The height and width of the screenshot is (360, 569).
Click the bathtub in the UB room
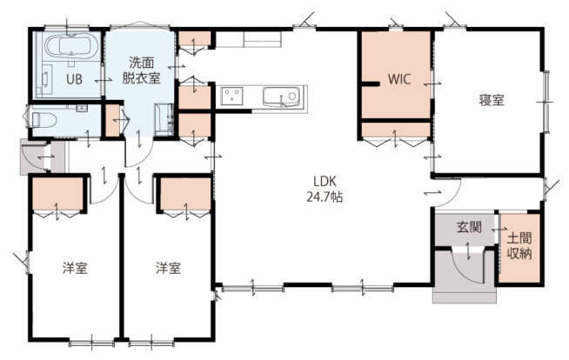[x=71, y=47]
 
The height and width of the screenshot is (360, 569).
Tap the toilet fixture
[x=44, y=120]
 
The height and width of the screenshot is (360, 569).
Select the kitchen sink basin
[x=282, y=97]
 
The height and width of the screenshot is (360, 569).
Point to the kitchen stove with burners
[x=232, y=97]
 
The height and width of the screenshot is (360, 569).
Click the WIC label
[x=399, y=78]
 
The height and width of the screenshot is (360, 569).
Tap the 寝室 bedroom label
[x=492, y=100]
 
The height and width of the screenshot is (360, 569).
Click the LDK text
[x=325, y=181]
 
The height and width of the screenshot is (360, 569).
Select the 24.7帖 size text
[x=325, y=197]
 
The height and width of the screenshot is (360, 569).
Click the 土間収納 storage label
[x=519, y=246]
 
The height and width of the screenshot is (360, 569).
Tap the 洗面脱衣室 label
[x=141, y=70]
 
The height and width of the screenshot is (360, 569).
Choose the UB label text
[x=74, y=79]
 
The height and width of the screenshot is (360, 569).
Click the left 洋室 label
[x=75, y=269]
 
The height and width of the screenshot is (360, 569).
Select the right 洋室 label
[x=169, y=269]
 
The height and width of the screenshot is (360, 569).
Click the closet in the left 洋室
[x=57, y=194]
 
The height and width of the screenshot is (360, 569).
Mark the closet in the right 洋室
[x=185, y=194]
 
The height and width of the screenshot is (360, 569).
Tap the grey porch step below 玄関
[x=465, y=296]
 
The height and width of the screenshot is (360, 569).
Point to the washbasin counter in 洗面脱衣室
[x=164, y=120]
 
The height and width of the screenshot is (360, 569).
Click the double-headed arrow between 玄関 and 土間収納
[x=499, y=230]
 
